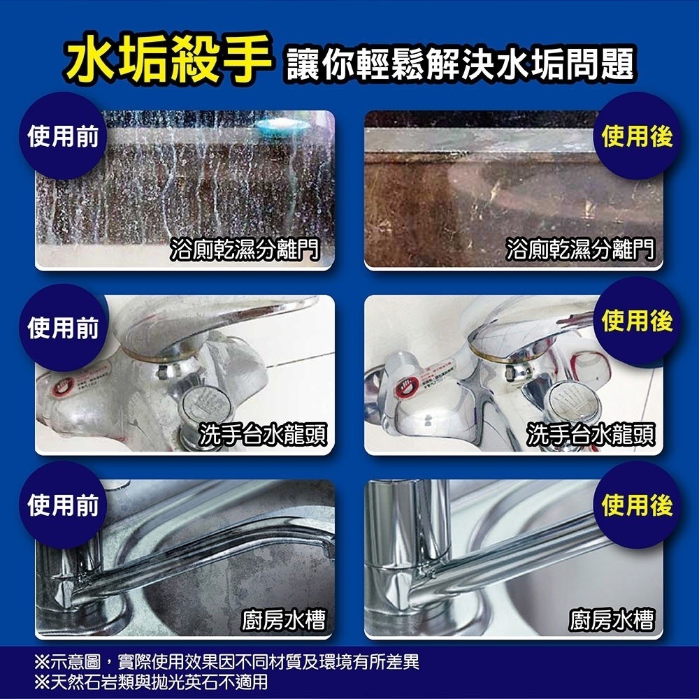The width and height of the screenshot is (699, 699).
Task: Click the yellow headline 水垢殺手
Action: (x=168, y=57)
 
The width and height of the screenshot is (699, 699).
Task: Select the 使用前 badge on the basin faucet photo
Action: (x=62, y=326)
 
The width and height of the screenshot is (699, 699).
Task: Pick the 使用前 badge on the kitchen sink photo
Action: (x=62, y=505)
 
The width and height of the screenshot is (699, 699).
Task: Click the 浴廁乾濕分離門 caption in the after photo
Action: (x=582, y=249)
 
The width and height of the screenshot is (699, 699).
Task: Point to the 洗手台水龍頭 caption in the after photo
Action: (x=591, y=434)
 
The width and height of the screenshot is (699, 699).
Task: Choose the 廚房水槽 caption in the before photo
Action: (x=284, y=619)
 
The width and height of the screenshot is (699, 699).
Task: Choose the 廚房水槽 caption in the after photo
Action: (x=612, y=619)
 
